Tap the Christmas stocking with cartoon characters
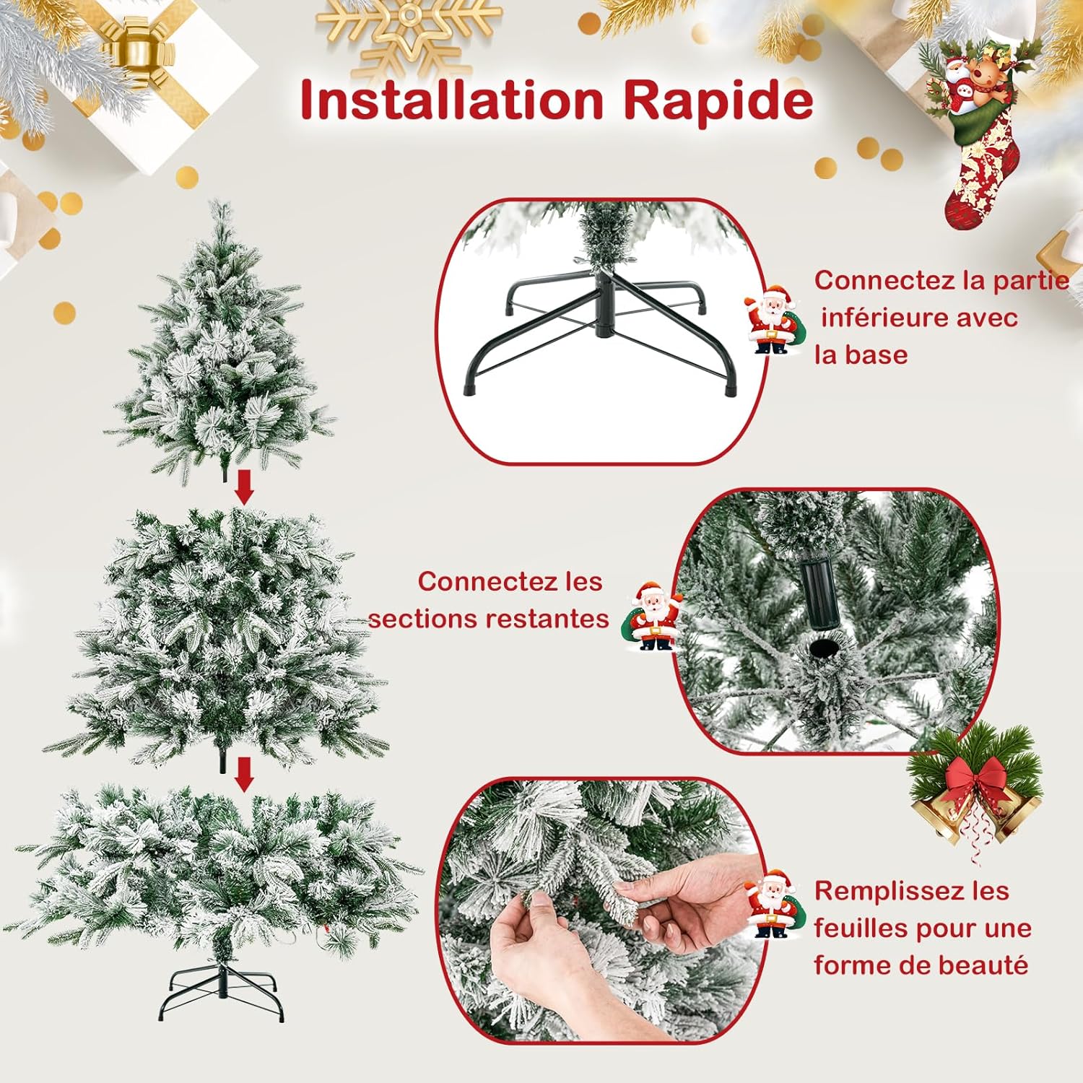click(x=978, y=134)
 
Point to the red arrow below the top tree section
click(x=245, y=487)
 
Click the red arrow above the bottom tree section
click(x=245, y=774)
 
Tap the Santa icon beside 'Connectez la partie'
click(x=773, y=319)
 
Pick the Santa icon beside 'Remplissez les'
click(x=774, y=904)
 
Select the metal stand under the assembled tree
click(x=222, y=989)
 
